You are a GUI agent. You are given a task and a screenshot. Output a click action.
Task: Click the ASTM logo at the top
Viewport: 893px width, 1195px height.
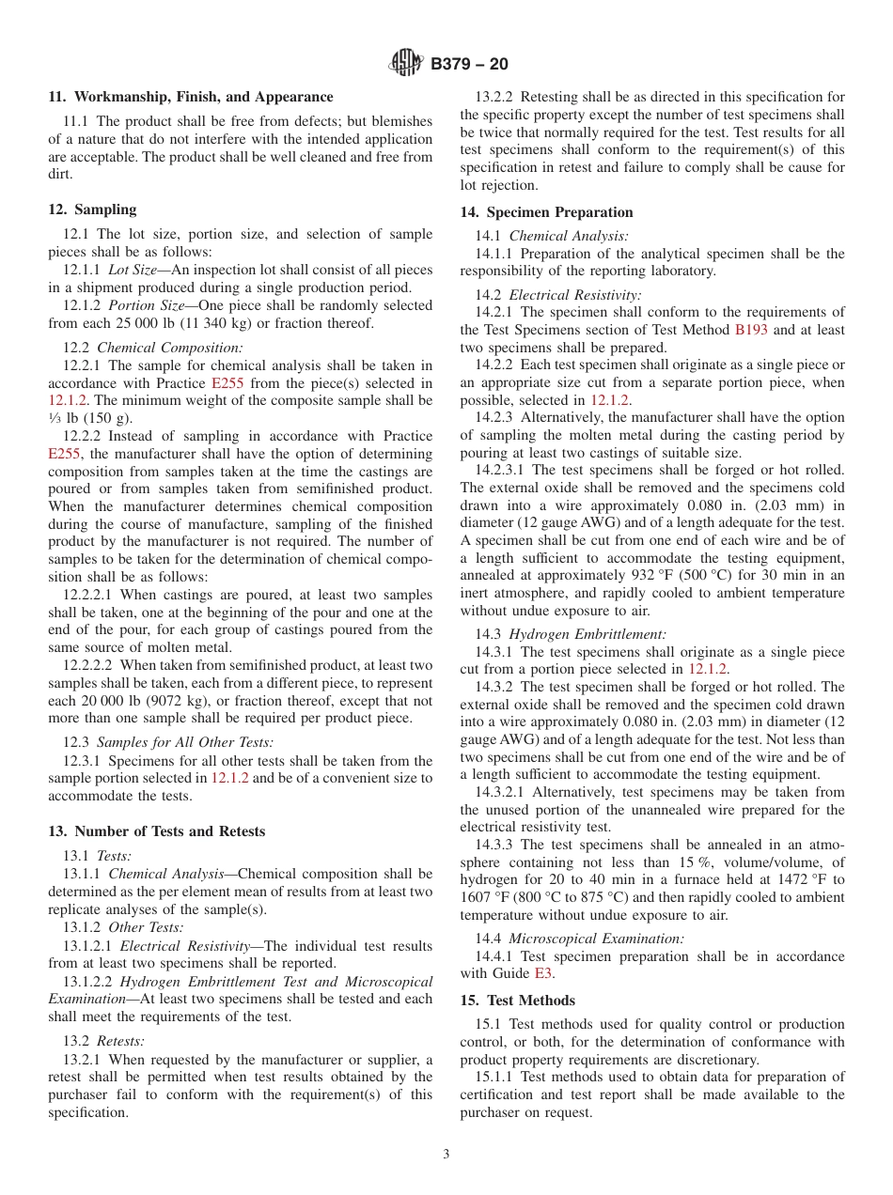406,64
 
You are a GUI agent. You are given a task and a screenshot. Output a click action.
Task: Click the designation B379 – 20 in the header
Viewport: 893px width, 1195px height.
469,64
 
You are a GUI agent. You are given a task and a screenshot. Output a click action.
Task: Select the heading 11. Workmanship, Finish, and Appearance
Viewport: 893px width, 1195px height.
191,97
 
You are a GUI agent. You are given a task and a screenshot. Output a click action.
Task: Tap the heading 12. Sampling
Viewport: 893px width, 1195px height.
92,210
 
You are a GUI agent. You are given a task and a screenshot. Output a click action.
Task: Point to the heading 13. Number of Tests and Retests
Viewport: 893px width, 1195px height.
157,831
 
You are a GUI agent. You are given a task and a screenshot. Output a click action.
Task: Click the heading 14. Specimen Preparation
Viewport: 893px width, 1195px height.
546,212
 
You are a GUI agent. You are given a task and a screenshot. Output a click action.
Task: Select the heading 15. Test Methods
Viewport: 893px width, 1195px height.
518,1001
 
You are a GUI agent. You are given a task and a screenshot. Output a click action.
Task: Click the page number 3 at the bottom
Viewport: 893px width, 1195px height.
446,1155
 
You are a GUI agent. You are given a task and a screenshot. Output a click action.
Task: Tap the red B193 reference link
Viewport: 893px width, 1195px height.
750,330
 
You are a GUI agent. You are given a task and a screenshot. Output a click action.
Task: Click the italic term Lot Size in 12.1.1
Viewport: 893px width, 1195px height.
133,270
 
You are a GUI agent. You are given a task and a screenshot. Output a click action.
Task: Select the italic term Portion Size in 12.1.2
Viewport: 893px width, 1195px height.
142,305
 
